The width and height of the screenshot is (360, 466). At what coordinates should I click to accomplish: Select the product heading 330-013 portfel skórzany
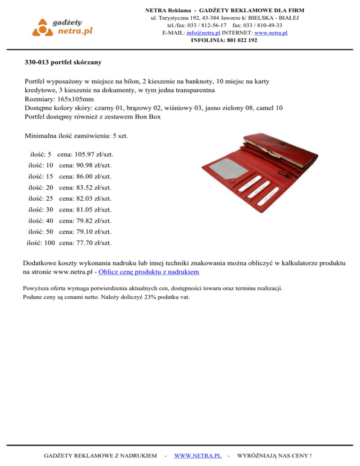pos(63,62)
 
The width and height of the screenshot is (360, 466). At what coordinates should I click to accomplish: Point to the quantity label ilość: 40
pos(41,221)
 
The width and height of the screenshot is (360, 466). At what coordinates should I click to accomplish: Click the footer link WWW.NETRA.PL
pos(197,455)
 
